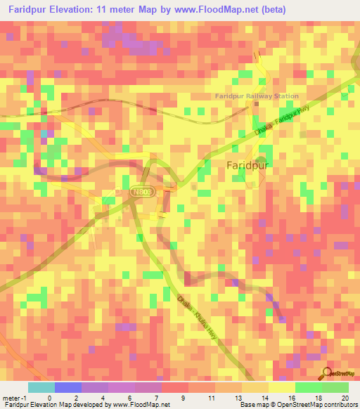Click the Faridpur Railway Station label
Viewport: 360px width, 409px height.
tap(257, 96)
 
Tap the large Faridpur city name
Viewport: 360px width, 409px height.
tap(249, 165)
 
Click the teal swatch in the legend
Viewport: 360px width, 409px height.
tap(41, 387)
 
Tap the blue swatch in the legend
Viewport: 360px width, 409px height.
tap(67, 387)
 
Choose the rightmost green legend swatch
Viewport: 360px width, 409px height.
tap(335, 387)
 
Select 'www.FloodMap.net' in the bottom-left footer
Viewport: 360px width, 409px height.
tap(143, 405)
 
